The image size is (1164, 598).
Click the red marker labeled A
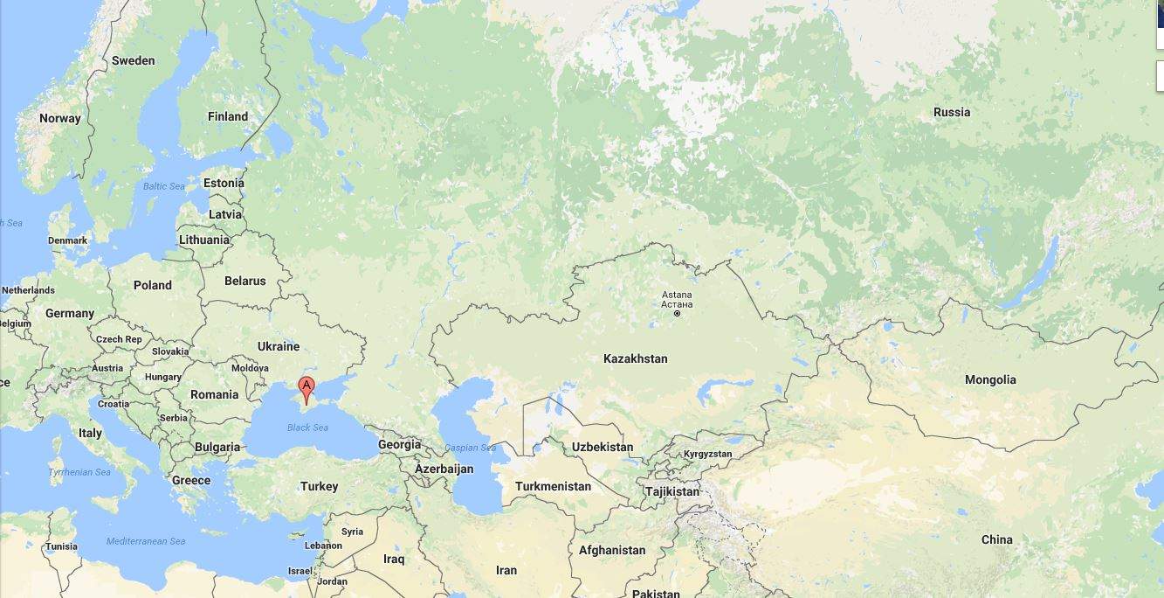pos(306,388)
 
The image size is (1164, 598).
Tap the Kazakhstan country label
pos(635,358)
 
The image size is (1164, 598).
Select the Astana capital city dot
pos(677,313)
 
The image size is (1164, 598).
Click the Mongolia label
pos(990,379)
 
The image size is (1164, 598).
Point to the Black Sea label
pos(307,428)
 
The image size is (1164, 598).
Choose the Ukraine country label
pos(279,346)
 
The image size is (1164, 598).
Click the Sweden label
pos(134,60)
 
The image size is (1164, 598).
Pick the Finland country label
pos(228,116)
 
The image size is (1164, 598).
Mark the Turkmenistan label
pos(553,486)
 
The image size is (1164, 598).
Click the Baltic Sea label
pos(164,186)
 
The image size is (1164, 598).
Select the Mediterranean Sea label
pos(146,541)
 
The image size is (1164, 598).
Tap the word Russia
pos(952,112)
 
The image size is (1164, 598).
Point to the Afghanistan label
pos(612,550)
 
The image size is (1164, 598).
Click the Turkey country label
pos(319,486)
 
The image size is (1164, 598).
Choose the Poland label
pos(153,285)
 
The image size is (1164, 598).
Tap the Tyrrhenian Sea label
pos(79,472)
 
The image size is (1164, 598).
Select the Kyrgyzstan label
pos(708,454)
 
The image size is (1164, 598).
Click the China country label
pos(996,539)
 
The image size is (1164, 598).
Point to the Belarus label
pos(245,281)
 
